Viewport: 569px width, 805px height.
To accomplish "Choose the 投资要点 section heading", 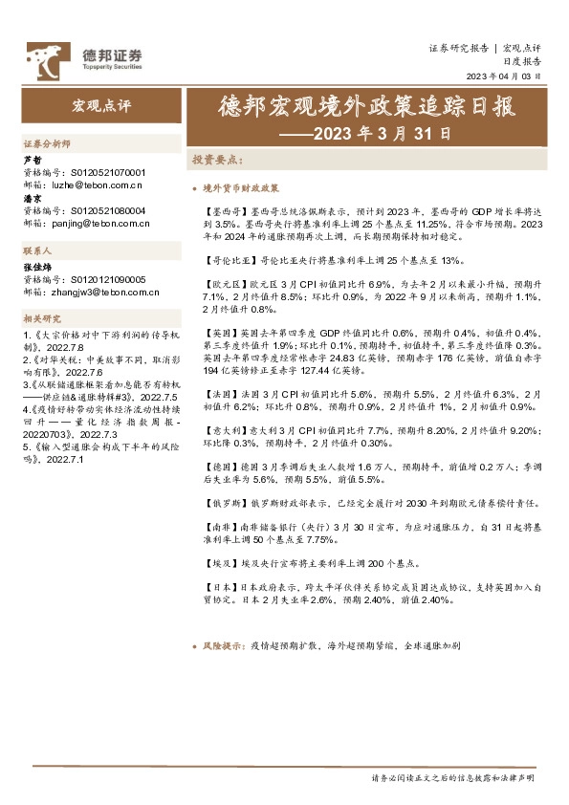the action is coord(218,160).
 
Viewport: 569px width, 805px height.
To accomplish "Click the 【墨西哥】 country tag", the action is coord(227,207).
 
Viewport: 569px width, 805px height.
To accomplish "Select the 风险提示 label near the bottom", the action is coord(221,646).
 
